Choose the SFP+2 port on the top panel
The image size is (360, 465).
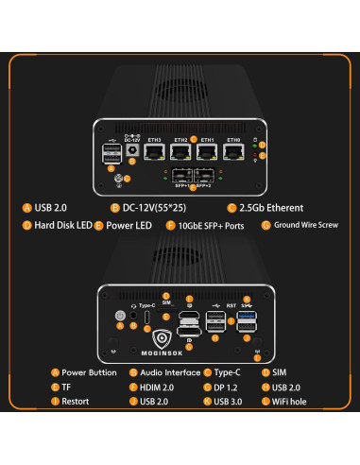point(208,175)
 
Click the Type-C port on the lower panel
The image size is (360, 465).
point(147,317)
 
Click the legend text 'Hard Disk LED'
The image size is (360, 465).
point(62,226)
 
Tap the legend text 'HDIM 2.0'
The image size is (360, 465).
point(159,387)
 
